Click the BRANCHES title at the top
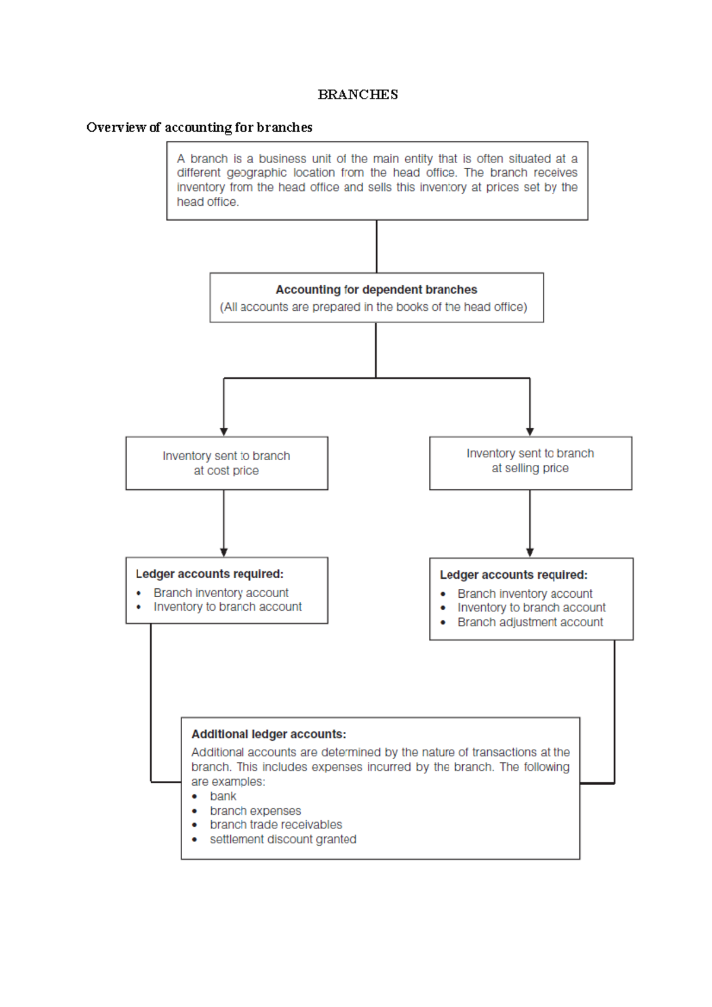pos(358,95)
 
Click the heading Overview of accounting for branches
pos(199,128)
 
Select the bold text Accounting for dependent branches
pos(376,289)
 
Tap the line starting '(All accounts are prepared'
pos(373,307)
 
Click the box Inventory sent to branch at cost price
pos(227,463)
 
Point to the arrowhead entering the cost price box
pos(224,432)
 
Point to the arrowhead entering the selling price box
pos(530,432)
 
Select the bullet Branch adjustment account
pos(530,622)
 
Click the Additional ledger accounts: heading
pos(269,734)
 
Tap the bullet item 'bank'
pos(223,796)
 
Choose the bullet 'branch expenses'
pos(255,811)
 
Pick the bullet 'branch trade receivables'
pos(276,825)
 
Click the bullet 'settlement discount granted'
pos(283,839)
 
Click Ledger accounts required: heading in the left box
pos(209,574)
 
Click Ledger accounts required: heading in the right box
pos(513,575)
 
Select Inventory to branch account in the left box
pos(227,607)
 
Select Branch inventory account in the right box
pos(525,594)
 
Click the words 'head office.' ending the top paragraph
pos(208,202)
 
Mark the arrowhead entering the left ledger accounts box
pos(224,552)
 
